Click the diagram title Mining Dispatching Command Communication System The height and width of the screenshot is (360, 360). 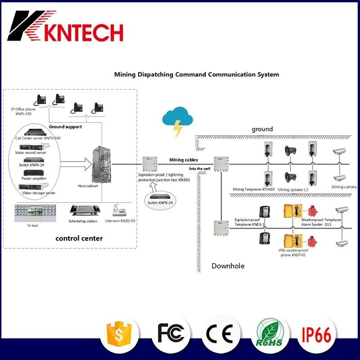coord(196,74)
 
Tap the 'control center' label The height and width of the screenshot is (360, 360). coord(79,238)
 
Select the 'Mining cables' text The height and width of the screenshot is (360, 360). coord(183,160)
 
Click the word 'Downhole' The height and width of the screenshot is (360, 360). coord(228,266)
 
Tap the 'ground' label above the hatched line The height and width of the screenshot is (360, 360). coord(262,129)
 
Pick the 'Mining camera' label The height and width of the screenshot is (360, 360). coord(344,187)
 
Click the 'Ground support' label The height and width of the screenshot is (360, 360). coord(65,127)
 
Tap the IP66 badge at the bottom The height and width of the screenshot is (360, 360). coord(317,335)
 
